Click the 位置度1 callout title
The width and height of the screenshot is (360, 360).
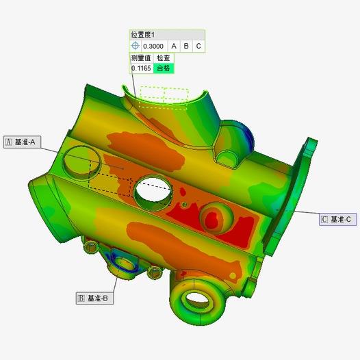[x=143, y=35]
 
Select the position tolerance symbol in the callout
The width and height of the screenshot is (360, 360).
[x=136, y=46]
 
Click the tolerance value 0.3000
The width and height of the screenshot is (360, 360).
[x=153, y=46]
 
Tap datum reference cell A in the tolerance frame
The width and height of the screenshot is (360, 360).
[x=174, y=46]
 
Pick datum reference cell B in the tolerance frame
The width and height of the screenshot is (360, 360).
[x=186, y=46]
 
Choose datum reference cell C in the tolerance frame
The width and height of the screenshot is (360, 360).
[x=198, y=46]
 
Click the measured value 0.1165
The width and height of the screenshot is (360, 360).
[x=141, y=68]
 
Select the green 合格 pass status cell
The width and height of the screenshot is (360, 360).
[x=164, y=68]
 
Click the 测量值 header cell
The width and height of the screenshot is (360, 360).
[x=141, y=58]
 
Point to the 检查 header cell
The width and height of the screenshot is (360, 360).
[x=164, y=58]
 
